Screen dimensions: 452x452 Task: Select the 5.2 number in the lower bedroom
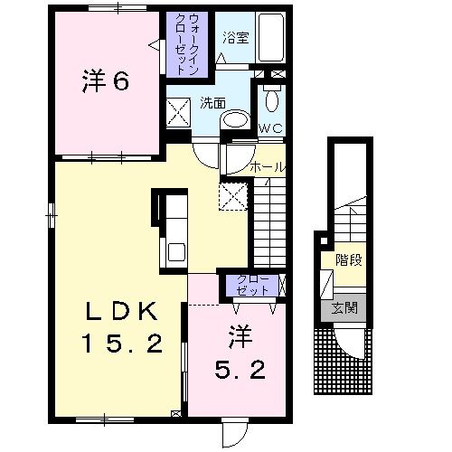(240, 371)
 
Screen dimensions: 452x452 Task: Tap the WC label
(270, 128)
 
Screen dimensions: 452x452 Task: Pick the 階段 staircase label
(348, 260)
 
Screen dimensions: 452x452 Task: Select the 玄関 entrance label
(344, 308)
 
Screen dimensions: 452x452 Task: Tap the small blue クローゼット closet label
(252, 285)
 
